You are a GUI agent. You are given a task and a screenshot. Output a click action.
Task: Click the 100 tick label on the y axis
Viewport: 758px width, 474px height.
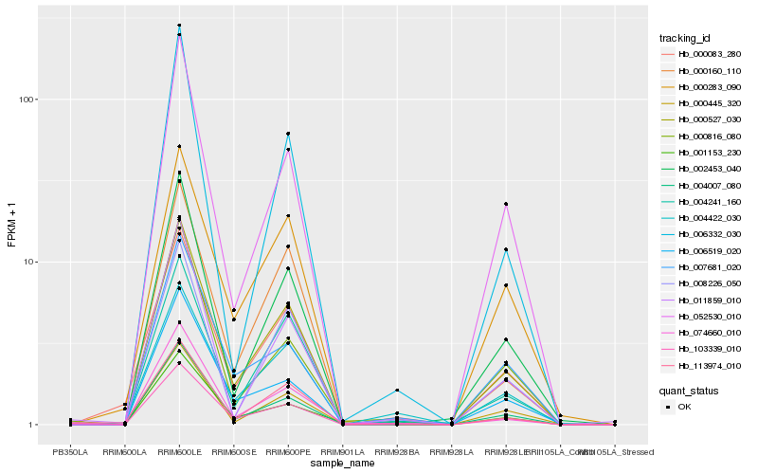pyautogui.click(x=27, y=100)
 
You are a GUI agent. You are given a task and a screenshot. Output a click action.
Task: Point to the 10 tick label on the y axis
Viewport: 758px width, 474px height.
pyautogui.click(x=29, y=263)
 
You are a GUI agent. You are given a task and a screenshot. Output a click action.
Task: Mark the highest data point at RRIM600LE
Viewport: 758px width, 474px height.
pyautogui.click(x=179, y=26)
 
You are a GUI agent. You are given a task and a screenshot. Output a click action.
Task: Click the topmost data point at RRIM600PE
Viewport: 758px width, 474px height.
pyautogui.click(x=288, y=134)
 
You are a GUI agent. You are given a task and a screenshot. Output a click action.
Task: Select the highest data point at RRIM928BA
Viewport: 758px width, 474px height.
pyautogui.click(x=397, y=391)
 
